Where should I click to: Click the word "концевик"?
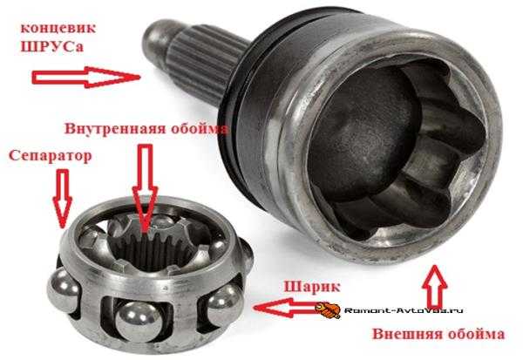(58, 28)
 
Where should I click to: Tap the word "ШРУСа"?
(51, 46)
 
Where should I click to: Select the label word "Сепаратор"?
(50, 156)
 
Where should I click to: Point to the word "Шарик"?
(311, 287)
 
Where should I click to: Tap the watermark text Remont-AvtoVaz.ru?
(404, 310)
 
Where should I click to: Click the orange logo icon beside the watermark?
(328, 310)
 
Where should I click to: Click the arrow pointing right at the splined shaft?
(85, 77)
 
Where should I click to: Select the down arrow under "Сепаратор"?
(63, 199)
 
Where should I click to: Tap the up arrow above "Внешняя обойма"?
(435, 287)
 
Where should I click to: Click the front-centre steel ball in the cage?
(137, 322)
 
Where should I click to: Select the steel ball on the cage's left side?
(63, 291)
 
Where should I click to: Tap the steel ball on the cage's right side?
(224, 303)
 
